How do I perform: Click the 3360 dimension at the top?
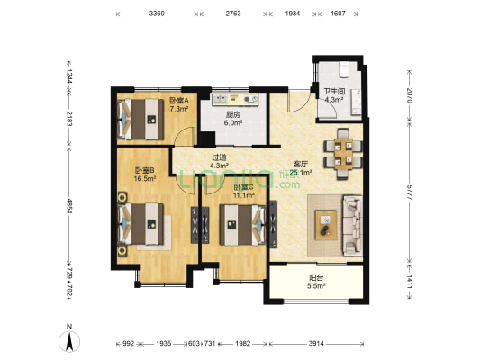(x=157, y=13)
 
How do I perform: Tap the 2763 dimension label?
(x=233, y=13)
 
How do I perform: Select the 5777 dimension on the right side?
(x=410, y=192)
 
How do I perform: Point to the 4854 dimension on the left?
(x=69, y=206)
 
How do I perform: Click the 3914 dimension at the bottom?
(x=316, y=344)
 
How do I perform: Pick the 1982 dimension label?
(x=243, y=344)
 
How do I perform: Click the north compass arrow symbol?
(x=69, y=341)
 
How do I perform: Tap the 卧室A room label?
(x=179, y=100)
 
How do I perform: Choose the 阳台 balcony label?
(x=316, y=278)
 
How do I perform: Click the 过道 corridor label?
(x=219, y=157)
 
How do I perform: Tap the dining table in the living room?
(x=343, y=154)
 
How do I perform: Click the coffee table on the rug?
(x=326, y=225)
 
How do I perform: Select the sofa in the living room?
(x=353, y=225)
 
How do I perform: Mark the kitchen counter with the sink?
(x=236, y=99)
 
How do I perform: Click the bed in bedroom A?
(x=140, y=120)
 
